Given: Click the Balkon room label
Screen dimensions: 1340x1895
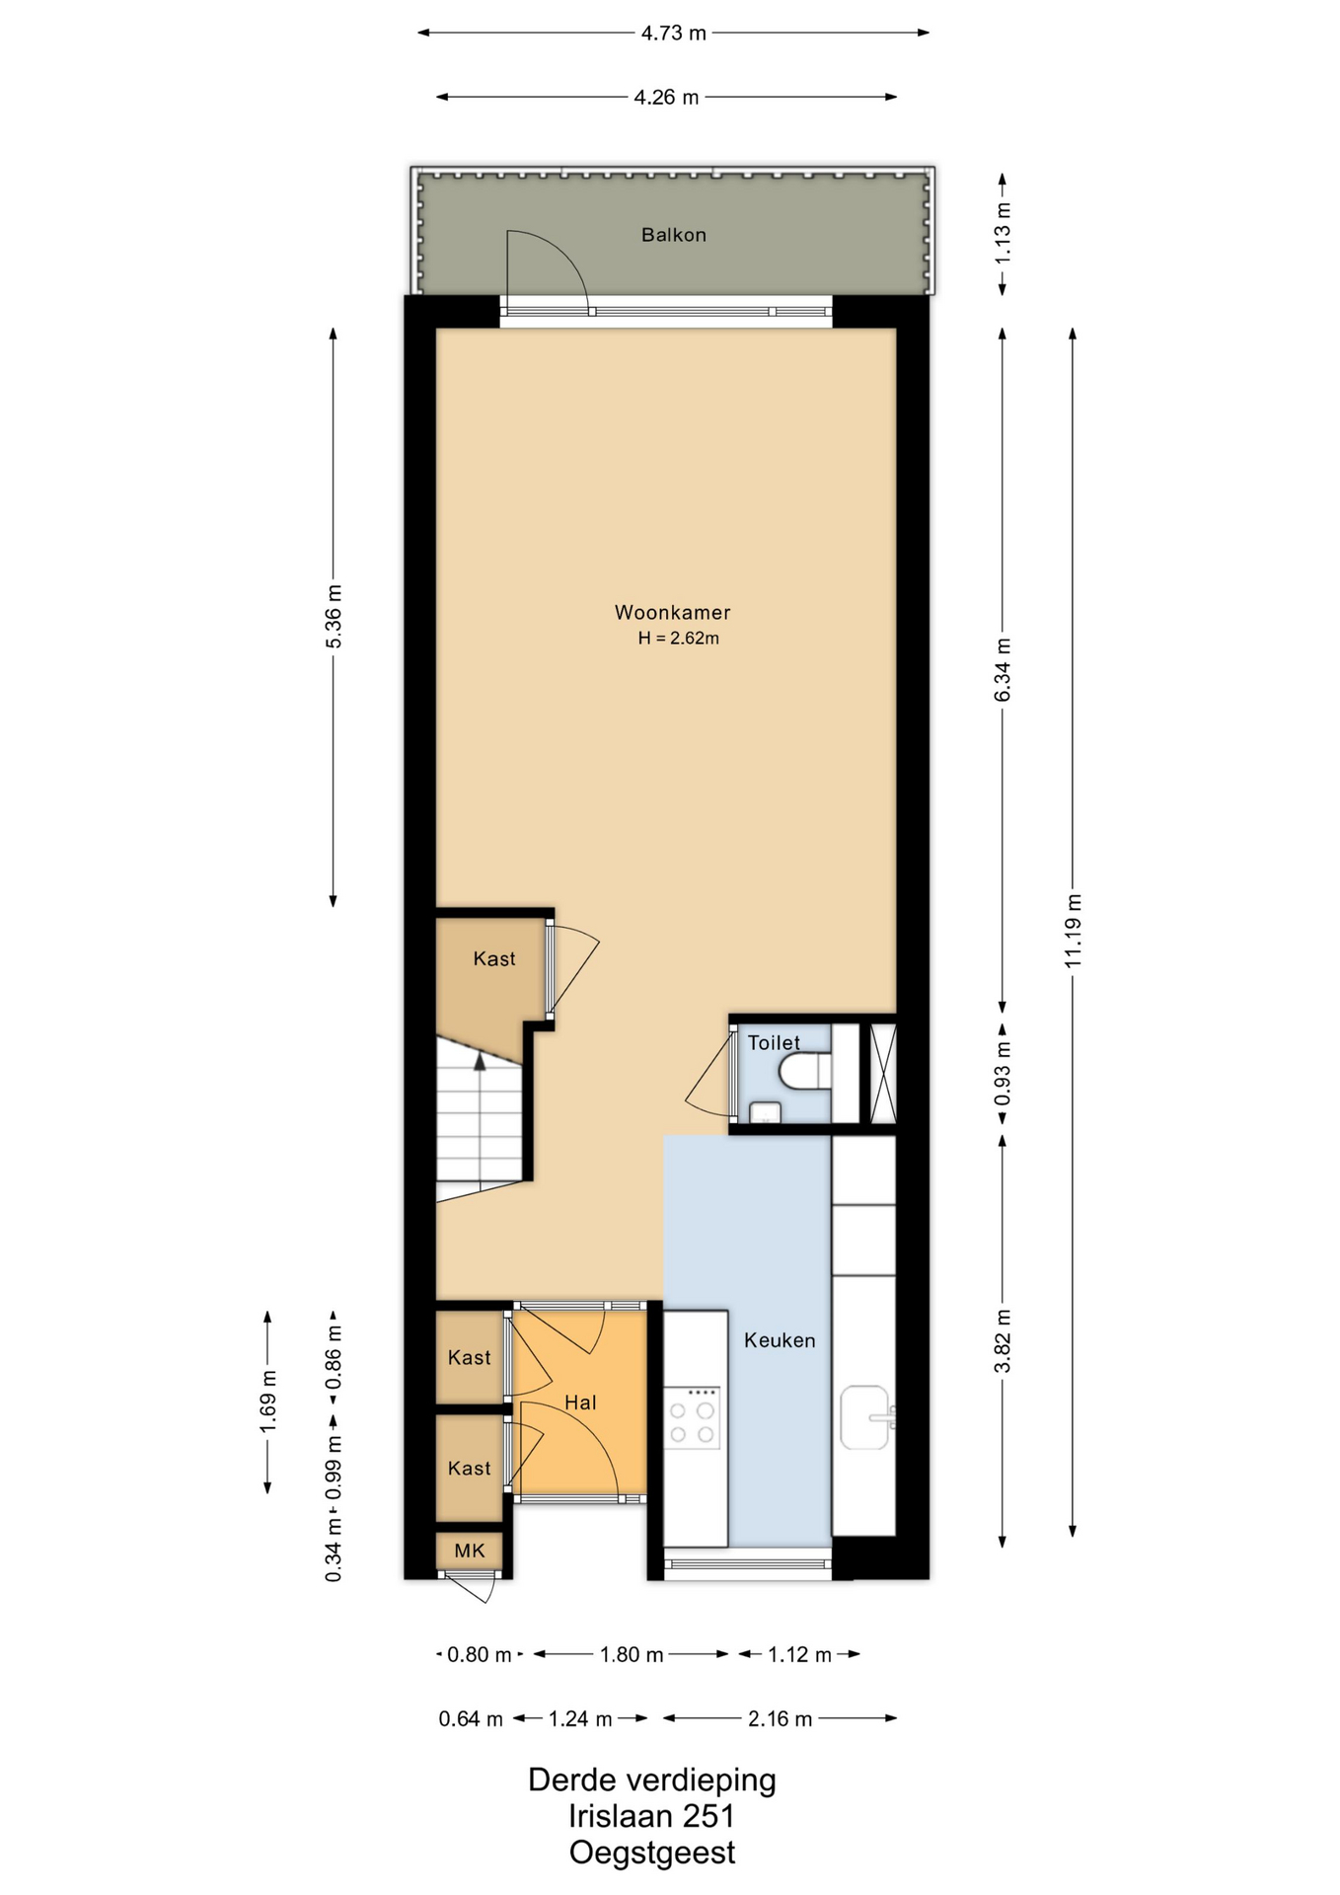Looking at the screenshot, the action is (x=673, y=235).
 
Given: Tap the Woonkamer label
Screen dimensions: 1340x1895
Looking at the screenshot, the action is (x=672, y=612).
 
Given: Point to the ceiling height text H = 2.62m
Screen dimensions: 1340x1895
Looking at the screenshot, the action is (x=678, y=638).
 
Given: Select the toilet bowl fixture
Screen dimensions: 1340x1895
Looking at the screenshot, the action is (x=804, y=1072).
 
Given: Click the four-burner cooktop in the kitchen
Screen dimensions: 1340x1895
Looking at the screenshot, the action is (x=692, y=1417).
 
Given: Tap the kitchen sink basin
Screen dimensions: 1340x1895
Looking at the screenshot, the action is (x=866, y=1417).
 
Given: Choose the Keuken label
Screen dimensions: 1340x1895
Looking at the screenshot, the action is (x=780, y=1340).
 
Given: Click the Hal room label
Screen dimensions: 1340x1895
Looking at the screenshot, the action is (x=580, y=1402).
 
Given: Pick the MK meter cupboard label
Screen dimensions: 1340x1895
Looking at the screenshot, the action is (x=470, y=1551).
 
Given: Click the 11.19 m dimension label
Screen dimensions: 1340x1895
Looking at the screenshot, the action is (x=1074, y=931).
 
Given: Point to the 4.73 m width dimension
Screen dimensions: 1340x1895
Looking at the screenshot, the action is (x=674, y=33).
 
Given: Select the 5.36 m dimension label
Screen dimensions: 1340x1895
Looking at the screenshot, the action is (x=334, y=617).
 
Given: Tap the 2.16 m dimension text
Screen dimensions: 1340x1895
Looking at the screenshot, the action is (x=780, y=1718).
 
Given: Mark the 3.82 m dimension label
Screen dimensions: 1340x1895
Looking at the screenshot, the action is (x=1003, y=1341).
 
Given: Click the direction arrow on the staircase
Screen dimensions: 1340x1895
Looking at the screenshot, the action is (x=480, y=1063).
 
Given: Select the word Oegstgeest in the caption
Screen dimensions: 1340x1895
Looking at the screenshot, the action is (x=652, y=1853).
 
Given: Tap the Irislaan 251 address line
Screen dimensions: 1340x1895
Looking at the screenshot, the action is (x=651, y=1816).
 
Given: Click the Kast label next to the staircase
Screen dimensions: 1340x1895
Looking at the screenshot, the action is (x=494, y=958).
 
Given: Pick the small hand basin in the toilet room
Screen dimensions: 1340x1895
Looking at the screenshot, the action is (x=766, y=1112).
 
